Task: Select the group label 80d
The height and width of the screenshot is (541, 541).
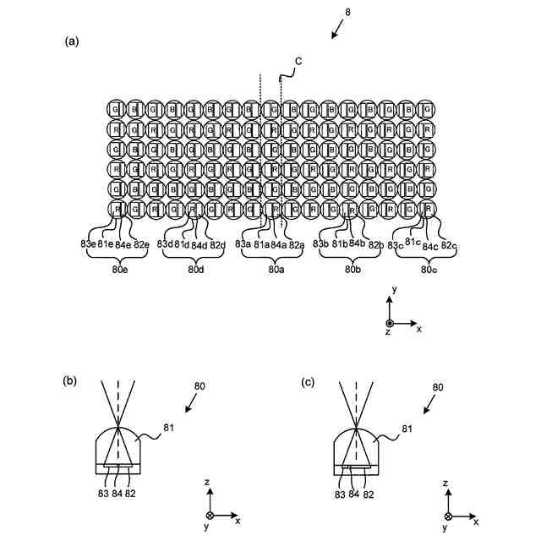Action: tap(195, 270)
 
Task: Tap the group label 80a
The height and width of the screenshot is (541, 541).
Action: tap(276, 270)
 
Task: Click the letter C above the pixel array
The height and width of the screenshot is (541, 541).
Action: tap(298, 61)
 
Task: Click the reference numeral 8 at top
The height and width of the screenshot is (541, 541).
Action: tap(347, 12)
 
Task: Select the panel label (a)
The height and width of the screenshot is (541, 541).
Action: tap(72, 41)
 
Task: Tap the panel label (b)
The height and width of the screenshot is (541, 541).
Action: tap(71, 380)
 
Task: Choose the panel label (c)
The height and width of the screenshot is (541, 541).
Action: tap(309, 380)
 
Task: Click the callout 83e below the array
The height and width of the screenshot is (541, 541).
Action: tap(88, 245)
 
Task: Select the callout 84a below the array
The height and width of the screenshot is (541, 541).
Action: tap(278, 245)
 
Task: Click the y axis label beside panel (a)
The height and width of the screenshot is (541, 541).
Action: tap(393, 290)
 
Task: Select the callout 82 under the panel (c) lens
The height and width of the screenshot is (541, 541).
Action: tap(369, 494)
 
